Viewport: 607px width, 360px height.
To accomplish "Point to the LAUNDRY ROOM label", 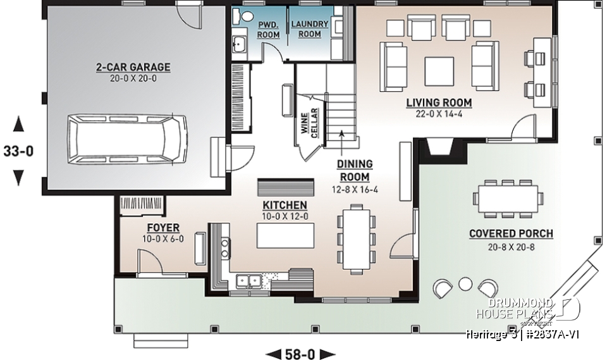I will [x=309, y=29].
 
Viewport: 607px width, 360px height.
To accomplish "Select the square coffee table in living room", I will [x=438, y=68].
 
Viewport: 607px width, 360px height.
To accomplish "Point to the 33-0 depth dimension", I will [x=18, y=152].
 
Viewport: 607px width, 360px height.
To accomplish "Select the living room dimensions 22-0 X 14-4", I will [x=439, y=115].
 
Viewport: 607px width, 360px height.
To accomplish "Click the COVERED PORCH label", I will [x=511, y=234].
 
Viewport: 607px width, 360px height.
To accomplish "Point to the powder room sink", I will [x=240, y=44].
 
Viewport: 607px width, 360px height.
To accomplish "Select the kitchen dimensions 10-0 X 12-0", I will [x=285, y=216].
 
